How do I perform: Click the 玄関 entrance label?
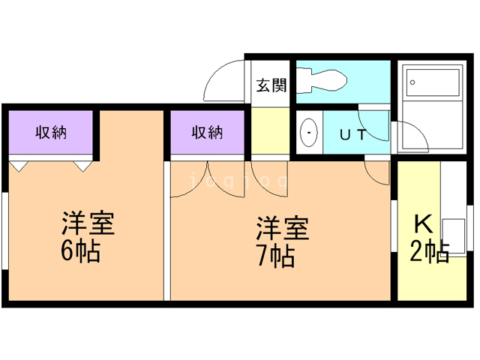click(271, 85)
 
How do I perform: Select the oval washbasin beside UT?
click(308, 133)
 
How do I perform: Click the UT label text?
click(353, 135)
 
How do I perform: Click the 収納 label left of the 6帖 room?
click(51, 133)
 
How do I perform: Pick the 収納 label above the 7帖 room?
click(207, 133)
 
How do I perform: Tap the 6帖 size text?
click(81, 251)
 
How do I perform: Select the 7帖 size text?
click(275, 256)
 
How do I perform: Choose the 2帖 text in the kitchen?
click(430, 250)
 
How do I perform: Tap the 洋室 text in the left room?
click(87, 223)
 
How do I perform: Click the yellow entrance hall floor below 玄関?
click(270, 131)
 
